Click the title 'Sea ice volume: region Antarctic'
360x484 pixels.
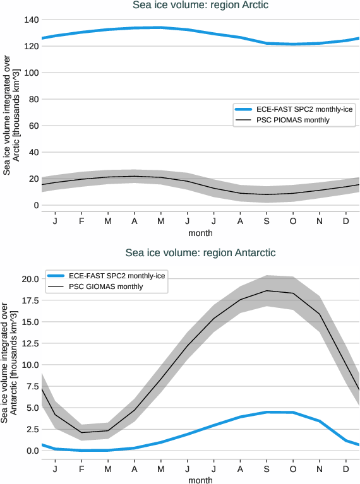tap(200, 253)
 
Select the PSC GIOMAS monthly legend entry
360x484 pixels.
tap(106, 286)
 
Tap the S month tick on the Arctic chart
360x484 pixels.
tap(267, 222)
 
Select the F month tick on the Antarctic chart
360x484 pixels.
tap(81, 469)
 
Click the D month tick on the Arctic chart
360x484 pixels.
tap(346, 222)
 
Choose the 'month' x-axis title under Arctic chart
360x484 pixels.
tap(200, 233)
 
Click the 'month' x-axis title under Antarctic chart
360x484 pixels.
tap(200, 480)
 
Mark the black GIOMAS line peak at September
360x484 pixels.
tap(267, 291)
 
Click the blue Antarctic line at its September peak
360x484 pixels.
tap(267, 412)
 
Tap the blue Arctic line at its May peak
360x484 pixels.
tap(160, 27)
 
